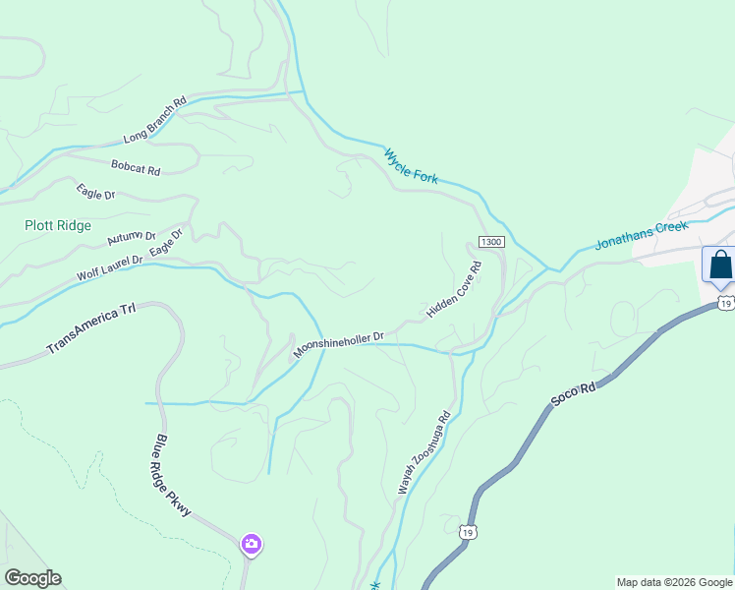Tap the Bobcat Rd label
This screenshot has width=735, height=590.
pyautogui.click(x=135, y=168)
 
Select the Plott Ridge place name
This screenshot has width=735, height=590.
pyautogui.click(x=58, y=225)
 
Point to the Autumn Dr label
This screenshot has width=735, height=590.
pyautogui.click(x=132, y=236)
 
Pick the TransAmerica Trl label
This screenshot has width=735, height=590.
pyautogui.click(x=90, y=329)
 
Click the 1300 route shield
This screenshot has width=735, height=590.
pyautogui.click(x=491, y=242)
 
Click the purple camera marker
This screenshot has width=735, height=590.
pyautogui.click(x=251, y=543)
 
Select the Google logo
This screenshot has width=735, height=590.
pyautogui.click(x=32, y=578)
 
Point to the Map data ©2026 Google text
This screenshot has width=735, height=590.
pyautogui.click(x=674, y=582)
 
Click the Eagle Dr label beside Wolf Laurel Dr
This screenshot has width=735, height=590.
pyautogui.click(x=167, y=245)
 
